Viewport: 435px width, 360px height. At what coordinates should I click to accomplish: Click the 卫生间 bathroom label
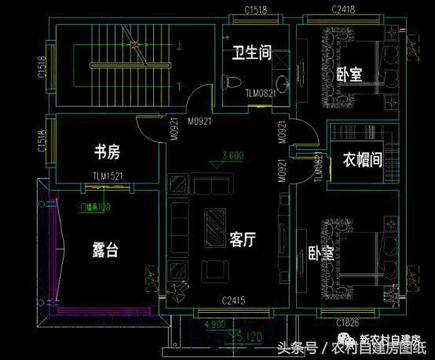click(251, 53)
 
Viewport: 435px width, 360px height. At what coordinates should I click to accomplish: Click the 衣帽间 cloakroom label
click(362, 161)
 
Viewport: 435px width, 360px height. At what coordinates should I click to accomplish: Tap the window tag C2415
click(234, 301)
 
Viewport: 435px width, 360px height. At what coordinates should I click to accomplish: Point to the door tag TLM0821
click(260, 93)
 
